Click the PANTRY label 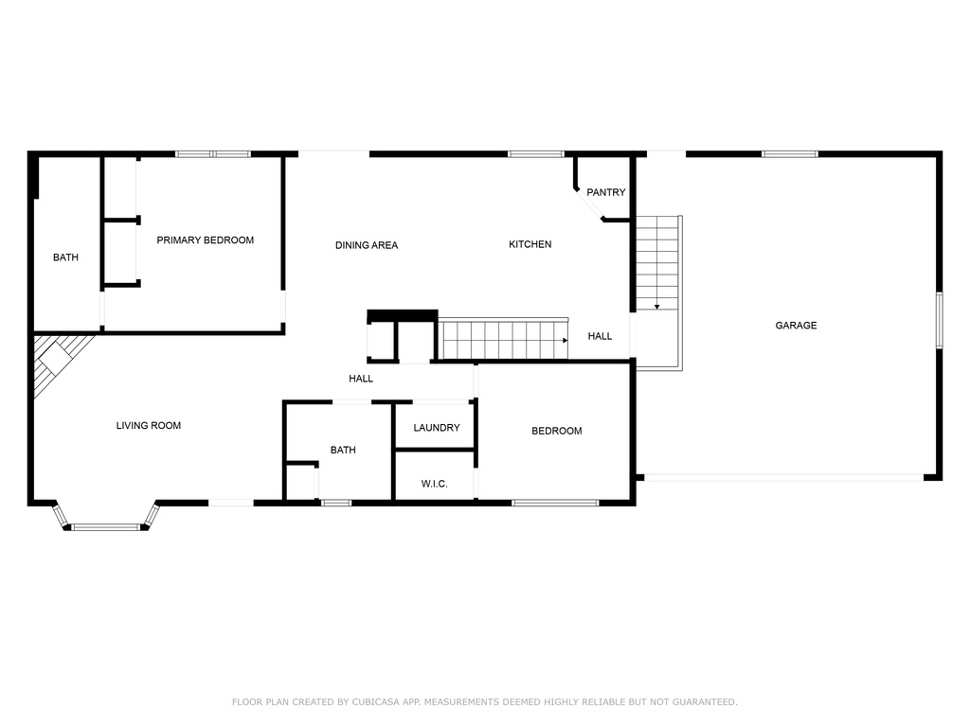pyautogui.click(x=605, y=192)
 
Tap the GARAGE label pyautogui.click(x=796, y=326)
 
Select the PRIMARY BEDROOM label pyautogui.click(x=205, y=239)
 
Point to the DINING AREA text pyautogui.click(x=367, y=245)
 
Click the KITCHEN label pyautogui.click(x=530, y=244)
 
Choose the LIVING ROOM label pyautogui.click(x=149, y=425)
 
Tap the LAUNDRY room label pyautogui.click(x=436, y=427)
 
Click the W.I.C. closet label pyautogui.click(x=434, y=484)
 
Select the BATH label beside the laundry pyautogui.click(x=343, y=450)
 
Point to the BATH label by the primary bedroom pyautogui.click(x=65, y=257)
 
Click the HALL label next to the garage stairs pyautogui.click(x=600, y=336)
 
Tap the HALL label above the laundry pyautogui.click(x=361, y=379)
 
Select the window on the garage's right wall pyautogui.click(x=939, y=320)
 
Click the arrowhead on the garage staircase pyautogui.click(x=657, y=307)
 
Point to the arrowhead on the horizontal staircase pyautogui.click(x=565, y=341)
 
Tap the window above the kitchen pyautogui.click(x=536, y=154)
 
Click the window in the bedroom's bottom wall pyautogui.click(x=555, y=503)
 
